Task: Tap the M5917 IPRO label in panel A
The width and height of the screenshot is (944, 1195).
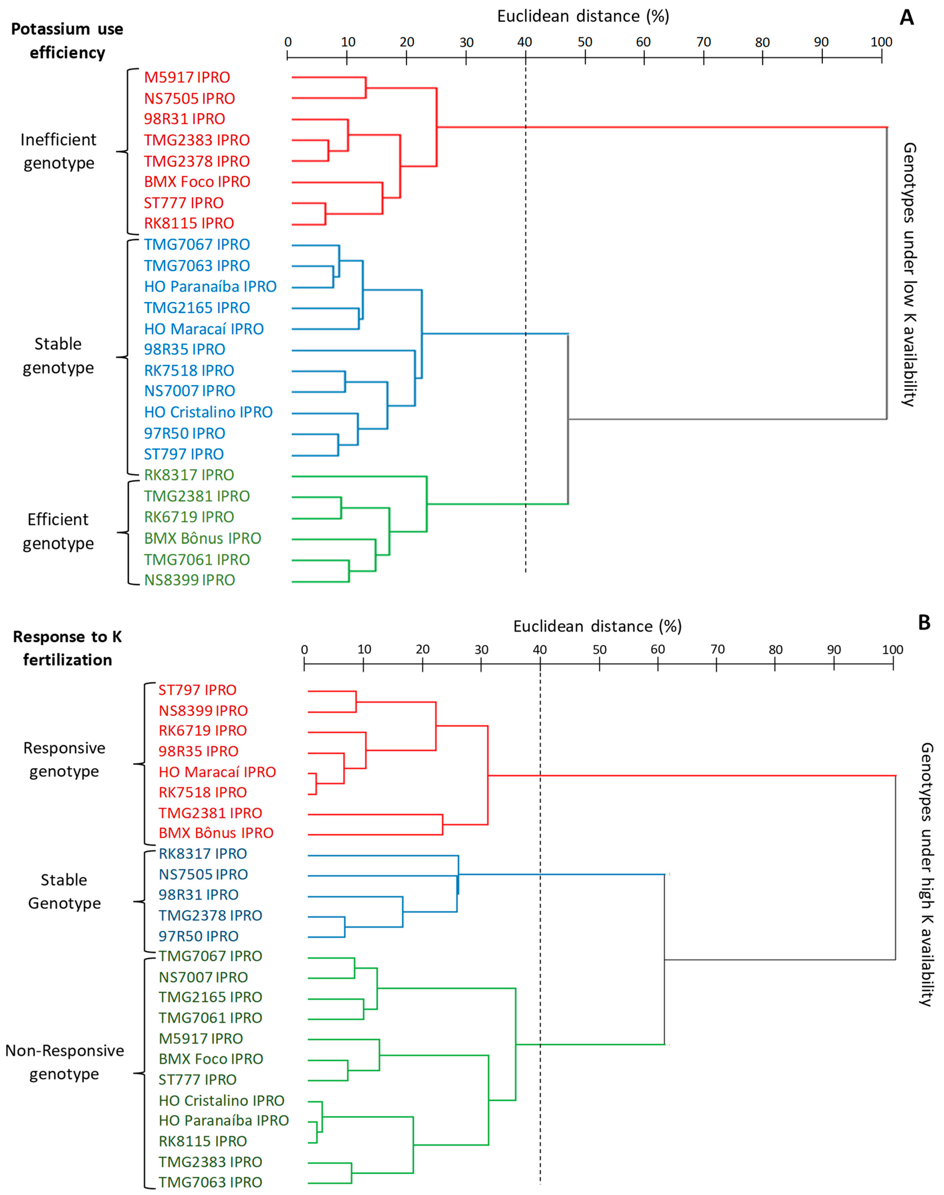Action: click(187, 77)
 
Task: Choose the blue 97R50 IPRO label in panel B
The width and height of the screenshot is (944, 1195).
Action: click(198, 936)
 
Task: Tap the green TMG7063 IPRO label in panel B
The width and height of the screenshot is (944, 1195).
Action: click(210, 1182)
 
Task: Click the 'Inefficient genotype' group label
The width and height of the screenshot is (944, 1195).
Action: click(59, 151)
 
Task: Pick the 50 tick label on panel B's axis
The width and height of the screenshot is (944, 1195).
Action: click(599, 650)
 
